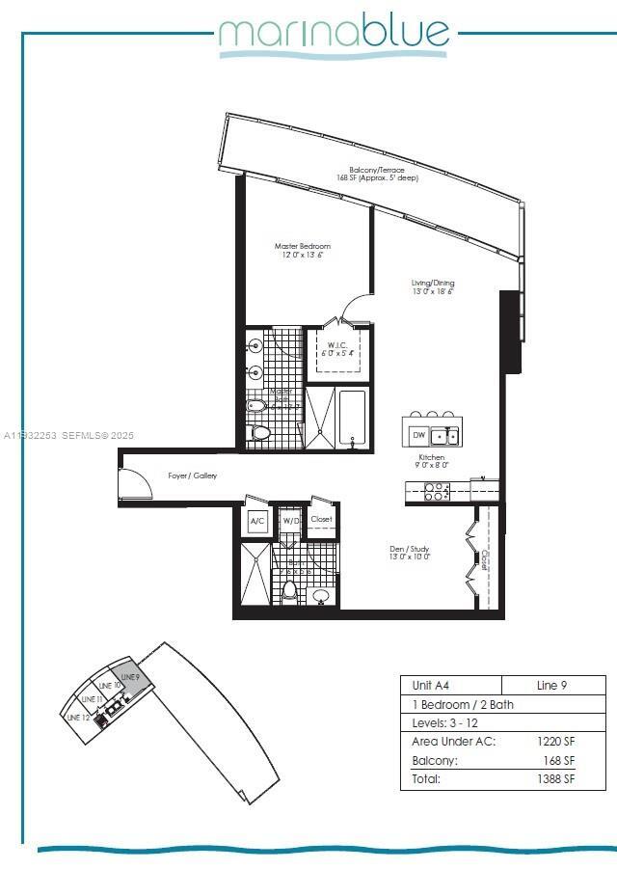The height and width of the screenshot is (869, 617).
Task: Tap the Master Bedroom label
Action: [302, 251]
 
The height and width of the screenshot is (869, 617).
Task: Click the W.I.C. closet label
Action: [336, 349]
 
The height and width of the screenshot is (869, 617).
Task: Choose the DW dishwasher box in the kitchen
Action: [417, 436]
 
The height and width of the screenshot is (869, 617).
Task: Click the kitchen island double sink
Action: [444, 436]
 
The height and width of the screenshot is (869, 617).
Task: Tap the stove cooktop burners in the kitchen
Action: [437, 492]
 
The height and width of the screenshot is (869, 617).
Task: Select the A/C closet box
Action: [257, 522]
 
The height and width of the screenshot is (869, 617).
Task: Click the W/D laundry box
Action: [289, 522]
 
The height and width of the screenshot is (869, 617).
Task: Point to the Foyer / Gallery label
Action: [192, 475]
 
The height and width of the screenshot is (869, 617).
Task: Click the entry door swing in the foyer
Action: [135, 483]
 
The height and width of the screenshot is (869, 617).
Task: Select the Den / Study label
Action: [410, 552]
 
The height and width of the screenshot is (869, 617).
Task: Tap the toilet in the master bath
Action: [259, 434]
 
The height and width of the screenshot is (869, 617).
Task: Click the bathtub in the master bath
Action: [353, 419]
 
